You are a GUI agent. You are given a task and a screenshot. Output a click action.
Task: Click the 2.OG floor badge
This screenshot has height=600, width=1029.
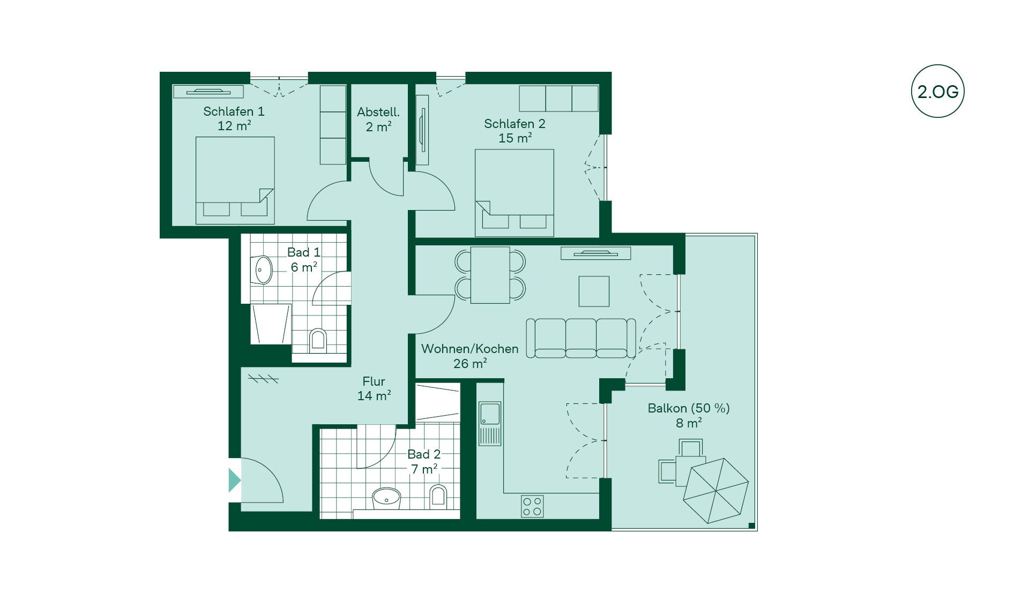pyautogui.click(x=937, y=92)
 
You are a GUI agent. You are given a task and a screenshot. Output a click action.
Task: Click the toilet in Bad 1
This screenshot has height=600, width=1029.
pyautogui.click(x=318, y=340)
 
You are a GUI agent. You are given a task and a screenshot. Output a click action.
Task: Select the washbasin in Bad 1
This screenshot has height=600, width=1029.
pyautogui.click(x=263, y=269)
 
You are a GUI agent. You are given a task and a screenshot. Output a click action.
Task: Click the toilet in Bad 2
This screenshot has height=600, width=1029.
pyautogui.click(x=438, y=496)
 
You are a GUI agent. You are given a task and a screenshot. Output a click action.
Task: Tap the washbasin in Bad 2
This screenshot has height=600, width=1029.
pyautogui.click(x=386, y=498)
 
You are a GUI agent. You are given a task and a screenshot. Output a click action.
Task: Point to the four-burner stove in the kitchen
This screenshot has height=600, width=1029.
pyautogui.click(x=532, y=506)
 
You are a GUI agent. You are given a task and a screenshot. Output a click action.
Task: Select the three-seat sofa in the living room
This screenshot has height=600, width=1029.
pyautogui.click(x=581, y=338)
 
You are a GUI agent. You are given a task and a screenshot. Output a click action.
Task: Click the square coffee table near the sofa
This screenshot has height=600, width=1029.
pyautogui.click(x=594, y=291)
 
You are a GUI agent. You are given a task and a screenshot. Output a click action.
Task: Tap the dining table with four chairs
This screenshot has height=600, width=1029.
pyautogui.click(x=490, y=275)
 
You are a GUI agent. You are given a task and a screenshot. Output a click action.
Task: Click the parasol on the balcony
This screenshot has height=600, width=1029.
pyautogui.click(x=715, y=490)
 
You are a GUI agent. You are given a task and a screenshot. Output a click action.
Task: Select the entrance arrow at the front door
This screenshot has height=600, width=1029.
pyautogui.click(x=234, y=480)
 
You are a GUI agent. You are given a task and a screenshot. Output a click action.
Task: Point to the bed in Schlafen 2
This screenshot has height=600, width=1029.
pyautogui.click(x=514, y=193)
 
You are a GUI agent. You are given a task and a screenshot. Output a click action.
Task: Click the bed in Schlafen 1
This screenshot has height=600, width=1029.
pyautogui.click(x=235, y=180)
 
